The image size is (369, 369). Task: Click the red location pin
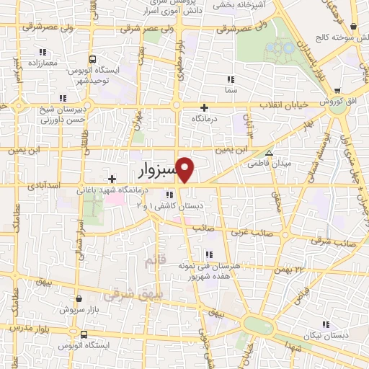pos(185,169)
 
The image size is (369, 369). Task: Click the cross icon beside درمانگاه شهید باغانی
pos(111,179)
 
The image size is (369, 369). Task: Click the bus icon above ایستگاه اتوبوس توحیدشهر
pos(92,60)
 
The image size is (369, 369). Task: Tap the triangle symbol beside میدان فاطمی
pos(269,153)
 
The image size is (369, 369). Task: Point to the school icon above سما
pos(230,79)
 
